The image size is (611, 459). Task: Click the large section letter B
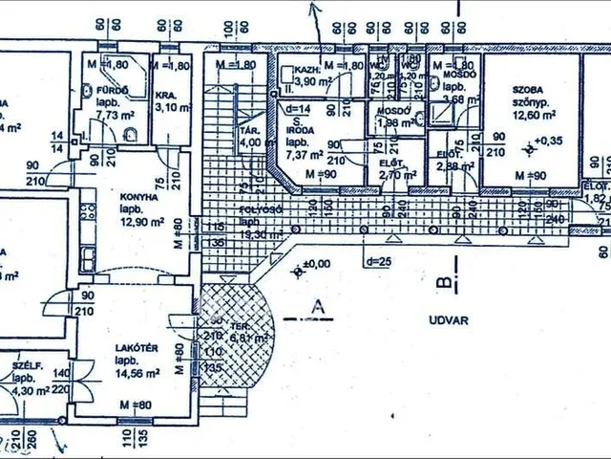pyautogui.click(x=441, y=282)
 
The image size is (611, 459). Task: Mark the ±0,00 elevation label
pyautogui.click(x=314, y=262)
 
